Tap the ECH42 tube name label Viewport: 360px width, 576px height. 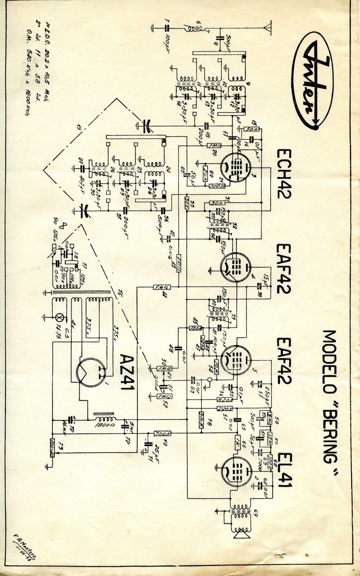point(284,173)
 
